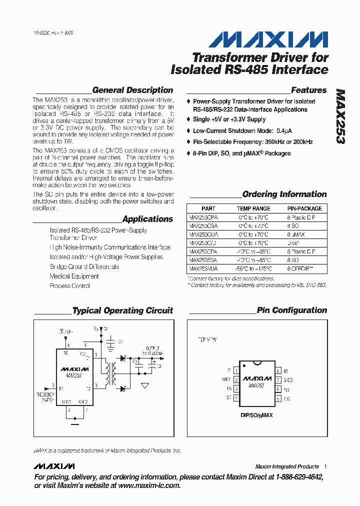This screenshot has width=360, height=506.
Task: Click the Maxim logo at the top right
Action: pyautogui.click(x=268, y=39)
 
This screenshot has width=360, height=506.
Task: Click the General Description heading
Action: pyautogui.click(x=132, y=90)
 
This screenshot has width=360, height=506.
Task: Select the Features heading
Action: pyautogui.click(x=308, y=90)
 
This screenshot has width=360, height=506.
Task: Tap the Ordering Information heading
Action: pyautogui.click(x=284, y=194)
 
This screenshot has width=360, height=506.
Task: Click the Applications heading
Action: pyautogui.click(x=147, y=219)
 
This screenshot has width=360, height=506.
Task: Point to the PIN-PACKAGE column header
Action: pyautogui.click(x=304, y=208)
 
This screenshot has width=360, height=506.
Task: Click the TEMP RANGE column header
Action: pyautogui.click(x=253, y=208)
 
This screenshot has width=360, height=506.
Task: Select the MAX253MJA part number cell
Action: pyautogui.click(x=203, y=269)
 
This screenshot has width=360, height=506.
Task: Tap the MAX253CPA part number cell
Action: pyautogui.click(x=203, y=217)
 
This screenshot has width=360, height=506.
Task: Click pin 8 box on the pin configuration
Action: pyautogui.click(x=277, y=370)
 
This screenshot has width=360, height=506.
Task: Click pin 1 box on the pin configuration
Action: pyautogui.click(x=235, y=370)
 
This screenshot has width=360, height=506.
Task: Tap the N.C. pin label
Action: pyautogui.click(x=286, y=398)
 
